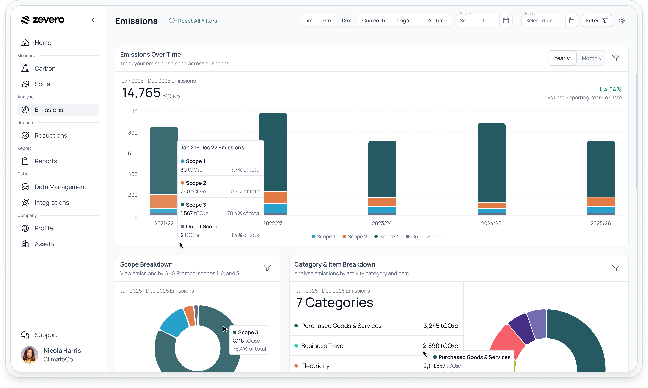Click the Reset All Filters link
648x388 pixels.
point(193,21)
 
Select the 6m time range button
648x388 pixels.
point(327,21)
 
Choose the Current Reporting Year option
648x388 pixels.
point(389,21)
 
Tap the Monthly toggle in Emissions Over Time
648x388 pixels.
point(591,58)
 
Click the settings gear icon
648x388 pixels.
point(622,21)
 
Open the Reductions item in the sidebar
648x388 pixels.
point(51,135)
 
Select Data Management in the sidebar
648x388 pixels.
point(60,187)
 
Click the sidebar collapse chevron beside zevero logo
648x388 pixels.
point(93,20)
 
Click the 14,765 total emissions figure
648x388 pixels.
point(141,93)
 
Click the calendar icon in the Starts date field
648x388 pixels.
point(506,21)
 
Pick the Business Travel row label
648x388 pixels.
point(323,346)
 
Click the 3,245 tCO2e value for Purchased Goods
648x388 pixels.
point(441,326)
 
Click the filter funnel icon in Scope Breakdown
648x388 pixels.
point(267,268)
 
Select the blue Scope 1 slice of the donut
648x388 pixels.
point(174,323)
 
